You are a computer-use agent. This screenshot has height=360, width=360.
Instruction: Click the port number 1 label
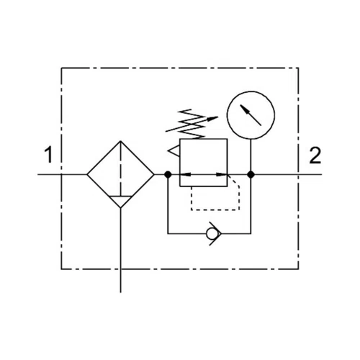49,155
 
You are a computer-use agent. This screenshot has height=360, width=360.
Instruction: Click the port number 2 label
315,156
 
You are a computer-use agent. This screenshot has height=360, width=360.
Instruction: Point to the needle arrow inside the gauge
251,115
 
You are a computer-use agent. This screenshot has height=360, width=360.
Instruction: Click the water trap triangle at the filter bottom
120,202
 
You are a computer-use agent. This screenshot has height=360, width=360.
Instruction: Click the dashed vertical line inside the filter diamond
120,168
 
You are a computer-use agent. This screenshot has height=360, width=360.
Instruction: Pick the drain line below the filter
120,251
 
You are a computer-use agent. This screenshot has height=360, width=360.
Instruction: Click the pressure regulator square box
180,163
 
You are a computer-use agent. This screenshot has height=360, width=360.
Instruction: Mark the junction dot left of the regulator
168,174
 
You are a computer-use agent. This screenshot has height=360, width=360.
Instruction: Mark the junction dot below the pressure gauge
251,174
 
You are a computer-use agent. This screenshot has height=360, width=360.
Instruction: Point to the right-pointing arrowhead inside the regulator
222,174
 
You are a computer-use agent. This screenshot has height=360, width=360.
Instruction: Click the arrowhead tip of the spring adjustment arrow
218,117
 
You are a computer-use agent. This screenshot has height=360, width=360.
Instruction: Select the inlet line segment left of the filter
62,174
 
